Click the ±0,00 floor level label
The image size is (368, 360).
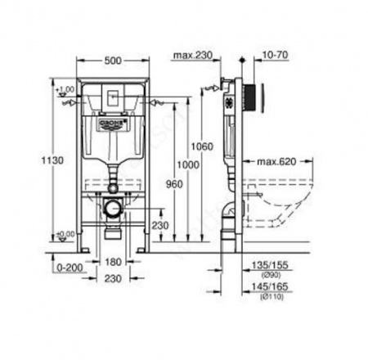[x=65, y=236]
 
